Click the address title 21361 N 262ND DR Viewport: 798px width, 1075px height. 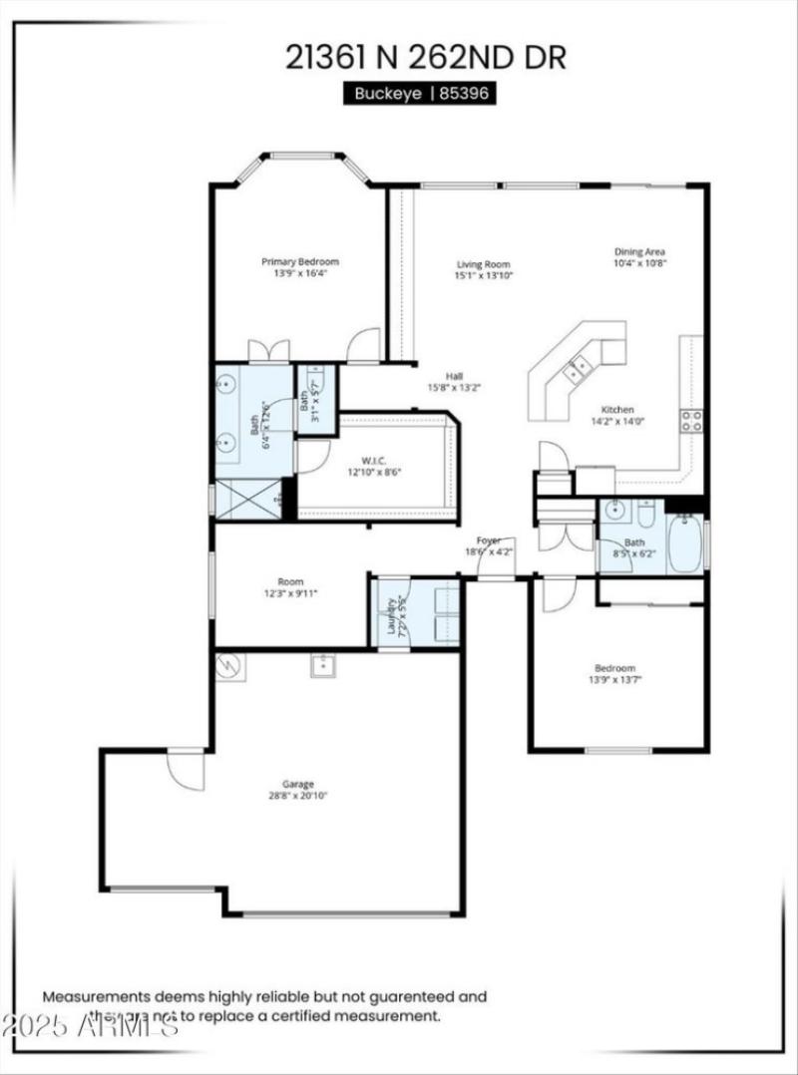tap(426, 57)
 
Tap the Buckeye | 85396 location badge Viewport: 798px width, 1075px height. tap(420, 93)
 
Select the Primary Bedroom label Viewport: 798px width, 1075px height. tap(300, 261)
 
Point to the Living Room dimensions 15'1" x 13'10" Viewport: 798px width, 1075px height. tap(483, 276)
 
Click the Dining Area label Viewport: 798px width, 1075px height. tap(639, 251)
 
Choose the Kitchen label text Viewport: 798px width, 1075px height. tap(617, 410)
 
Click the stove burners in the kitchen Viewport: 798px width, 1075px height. tap(691, 420)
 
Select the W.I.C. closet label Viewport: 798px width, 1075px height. tap(374, 460)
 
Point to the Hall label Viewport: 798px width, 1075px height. tap(454, 376)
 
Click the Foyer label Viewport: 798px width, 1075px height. tap(488, 539)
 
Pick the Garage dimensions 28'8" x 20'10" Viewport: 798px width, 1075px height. tap(298, 796)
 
